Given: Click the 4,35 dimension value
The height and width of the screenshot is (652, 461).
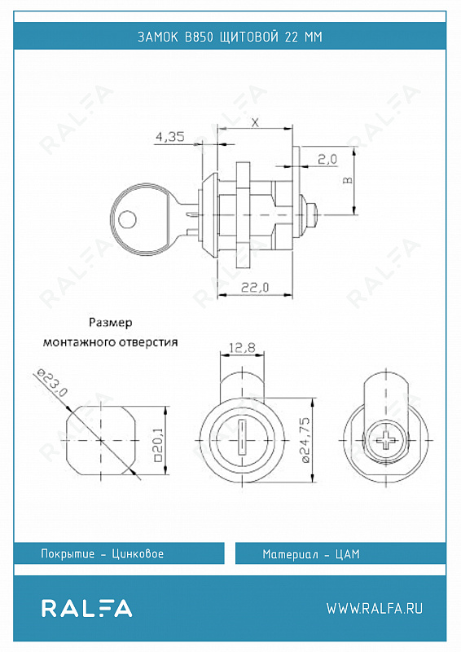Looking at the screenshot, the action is coord(170,136).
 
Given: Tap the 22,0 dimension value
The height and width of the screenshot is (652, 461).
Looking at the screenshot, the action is coord(255,287).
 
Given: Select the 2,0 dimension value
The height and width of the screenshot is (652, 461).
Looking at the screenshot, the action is coord(328,159).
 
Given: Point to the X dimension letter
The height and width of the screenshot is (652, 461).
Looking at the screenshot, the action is coord(255,122).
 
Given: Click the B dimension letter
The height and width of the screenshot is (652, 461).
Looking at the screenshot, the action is coord(348,180).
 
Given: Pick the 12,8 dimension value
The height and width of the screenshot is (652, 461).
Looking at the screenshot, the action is coord(243,347).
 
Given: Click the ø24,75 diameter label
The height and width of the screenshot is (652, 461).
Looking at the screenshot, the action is coord(305,440).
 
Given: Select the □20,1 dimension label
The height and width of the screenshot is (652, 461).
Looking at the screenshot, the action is coord(157,444).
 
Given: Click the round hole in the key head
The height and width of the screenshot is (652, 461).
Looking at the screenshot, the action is coord(127,219).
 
